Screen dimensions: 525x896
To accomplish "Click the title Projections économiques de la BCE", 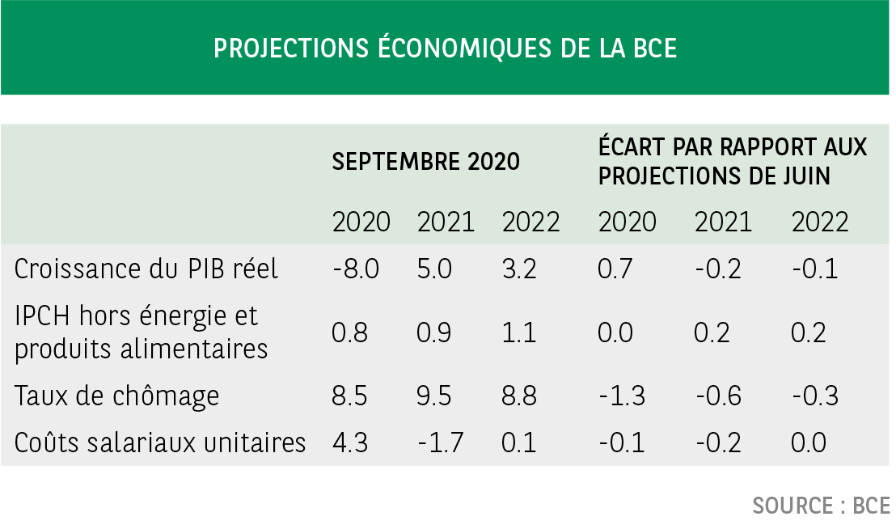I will [x=445, y=48].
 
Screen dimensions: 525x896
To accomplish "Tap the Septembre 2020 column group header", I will [x=425, y=162].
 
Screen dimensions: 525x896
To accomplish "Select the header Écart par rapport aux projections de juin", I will [x=732, y=161].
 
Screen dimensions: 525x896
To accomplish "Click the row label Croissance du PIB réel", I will [x=146, y=269].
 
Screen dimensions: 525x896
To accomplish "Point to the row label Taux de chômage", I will [x=117, y=396].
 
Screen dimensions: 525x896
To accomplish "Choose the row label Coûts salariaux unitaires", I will [x=160, y=442].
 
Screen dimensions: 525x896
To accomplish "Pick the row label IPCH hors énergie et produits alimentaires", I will [x=141, y=332].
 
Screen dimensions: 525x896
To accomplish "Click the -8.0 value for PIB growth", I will [x=356, y=269].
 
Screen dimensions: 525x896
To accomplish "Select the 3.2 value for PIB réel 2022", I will [x=518, y=269].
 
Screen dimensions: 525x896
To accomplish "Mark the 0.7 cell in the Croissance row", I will [x=615, y=269].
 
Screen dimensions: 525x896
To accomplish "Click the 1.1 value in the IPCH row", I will [x=518, y=332].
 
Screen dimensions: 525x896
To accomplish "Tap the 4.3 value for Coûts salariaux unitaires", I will [x=351, y=442].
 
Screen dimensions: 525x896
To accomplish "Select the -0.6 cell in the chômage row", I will [x=718, y=396].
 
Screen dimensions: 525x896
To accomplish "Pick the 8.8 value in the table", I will [x=518, y=396].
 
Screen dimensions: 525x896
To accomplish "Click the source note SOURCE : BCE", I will [x=821, y=506].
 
